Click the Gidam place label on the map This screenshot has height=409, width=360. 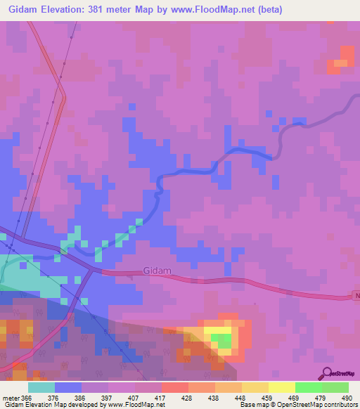coord(157,270)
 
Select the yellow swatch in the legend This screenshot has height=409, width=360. coord(281,387)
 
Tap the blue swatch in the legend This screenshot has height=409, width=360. coord(67,387)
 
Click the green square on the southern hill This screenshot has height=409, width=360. coord(223,341)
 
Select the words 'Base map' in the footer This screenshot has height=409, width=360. coord(252,404)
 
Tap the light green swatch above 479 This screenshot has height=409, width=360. coord(308,387)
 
